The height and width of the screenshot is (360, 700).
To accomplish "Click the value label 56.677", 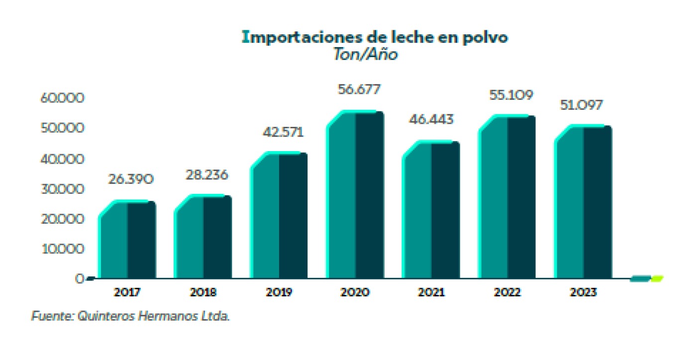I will coord(355,90).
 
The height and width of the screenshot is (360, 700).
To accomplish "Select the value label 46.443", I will coord(431,120).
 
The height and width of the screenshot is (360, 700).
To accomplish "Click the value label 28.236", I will coord(203,175).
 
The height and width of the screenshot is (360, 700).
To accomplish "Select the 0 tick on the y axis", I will coord(80,279).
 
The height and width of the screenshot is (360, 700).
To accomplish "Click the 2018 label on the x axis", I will coord(203,292).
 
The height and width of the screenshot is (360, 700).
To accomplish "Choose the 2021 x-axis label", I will coord(431,292).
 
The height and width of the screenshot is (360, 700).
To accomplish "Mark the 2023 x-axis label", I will coord(583,292).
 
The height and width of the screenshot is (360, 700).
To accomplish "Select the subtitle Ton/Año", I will coord(366,55).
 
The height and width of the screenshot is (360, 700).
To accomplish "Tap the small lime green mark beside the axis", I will coord(657,278).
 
